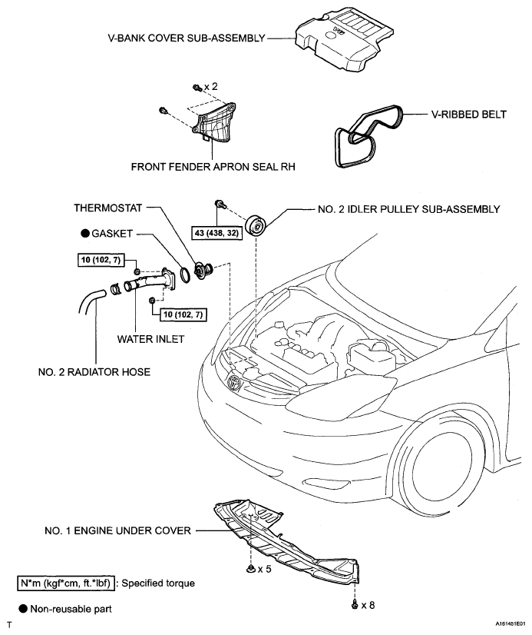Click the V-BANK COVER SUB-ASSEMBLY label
pos(187,38)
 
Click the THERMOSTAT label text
pos(108,208)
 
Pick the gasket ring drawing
pos(184,274)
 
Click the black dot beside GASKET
pos(85,233)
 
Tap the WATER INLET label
pos(150,339)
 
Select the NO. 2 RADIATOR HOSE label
pos(94,372)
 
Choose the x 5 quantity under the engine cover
pos(264,569)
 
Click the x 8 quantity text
pos(368,605)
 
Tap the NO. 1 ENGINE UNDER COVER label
pos(117,530)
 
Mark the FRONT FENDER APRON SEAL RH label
pos(213,167)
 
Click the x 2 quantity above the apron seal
pos(210,86)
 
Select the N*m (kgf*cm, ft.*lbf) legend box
pos(66,583)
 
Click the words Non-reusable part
pos(71,609)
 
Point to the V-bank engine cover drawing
pos(344,38)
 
